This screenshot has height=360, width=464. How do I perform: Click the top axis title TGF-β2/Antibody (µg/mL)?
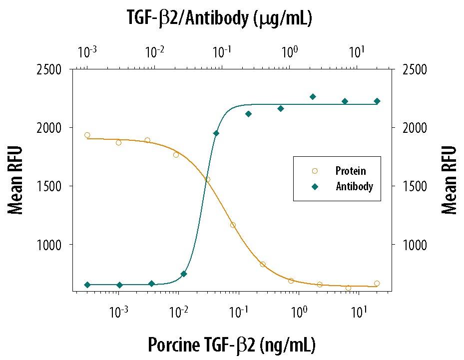click(220, 18)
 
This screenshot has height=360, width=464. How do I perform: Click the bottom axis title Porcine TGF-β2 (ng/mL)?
click(232, 345)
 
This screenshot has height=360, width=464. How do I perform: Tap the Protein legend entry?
click(350, 171)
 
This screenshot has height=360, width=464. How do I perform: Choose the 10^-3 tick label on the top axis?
click(87, 51)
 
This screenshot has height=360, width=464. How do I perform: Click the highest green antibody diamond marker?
click(313, 97)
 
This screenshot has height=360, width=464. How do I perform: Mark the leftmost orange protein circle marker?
click(87, 135)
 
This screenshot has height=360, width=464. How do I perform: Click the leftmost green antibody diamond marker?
click(87, 285)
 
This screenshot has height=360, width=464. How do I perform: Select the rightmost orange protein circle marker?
click(377, 283)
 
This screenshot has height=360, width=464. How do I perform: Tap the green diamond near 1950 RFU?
click(216, 133)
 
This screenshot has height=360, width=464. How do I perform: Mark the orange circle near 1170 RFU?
click(233, 225)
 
